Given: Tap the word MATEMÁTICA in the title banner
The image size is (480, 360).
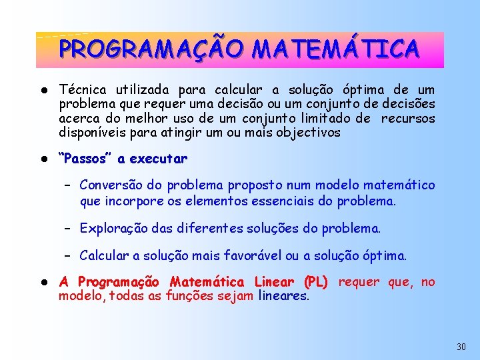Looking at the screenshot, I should click(x=336, y=49).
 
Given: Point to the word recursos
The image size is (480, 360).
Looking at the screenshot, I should click(x=409, y=118).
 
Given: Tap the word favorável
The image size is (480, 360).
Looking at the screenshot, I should click(x=255, y=255).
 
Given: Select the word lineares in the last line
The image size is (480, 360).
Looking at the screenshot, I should click(x=283, y=296).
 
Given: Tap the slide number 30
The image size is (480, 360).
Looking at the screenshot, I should click(x=461, y=347).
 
